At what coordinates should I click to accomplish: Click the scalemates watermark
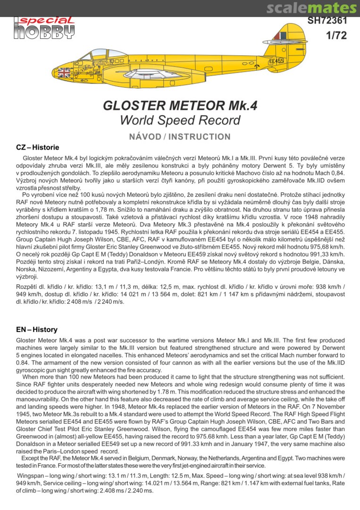point(311,8)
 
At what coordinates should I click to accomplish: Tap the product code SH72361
point(327,21)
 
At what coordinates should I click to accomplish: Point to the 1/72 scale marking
point(335,36)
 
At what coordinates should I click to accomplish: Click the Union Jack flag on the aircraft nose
point(63,72)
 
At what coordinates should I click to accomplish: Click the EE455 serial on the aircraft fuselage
point(276,61)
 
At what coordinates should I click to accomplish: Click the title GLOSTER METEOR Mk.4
point(180,106)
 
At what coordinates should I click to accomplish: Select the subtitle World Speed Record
point(180,120)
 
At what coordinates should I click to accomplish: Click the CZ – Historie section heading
point(38,147)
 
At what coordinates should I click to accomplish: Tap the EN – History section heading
point(37,330)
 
